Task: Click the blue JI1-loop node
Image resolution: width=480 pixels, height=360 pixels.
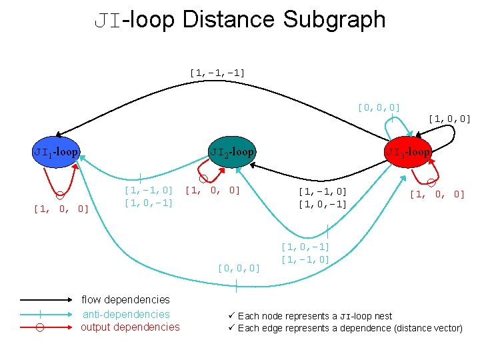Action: coord(57,152)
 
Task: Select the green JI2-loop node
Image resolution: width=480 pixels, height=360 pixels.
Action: coord(232,152)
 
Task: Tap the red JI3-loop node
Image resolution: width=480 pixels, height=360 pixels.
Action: coord(408,152)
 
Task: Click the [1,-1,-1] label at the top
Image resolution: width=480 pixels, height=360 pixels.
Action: coord(217,71)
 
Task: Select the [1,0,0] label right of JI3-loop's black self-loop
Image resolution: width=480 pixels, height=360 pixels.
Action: coord(450,119)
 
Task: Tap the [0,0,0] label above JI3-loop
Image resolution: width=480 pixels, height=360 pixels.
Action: coord(379,107)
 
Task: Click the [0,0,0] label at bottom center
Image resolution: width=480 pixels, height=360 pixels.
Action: coord(239,268)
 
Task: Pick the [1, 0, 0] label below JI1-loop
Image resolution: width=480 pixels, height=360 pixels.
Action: coord(61,209)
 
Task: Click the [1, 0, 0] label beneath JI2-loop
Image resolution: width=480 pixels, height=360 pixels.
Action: coord(212,190)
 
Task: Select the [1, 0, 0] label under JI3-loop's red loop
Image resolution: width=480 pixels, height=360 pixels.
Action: coord(437,195)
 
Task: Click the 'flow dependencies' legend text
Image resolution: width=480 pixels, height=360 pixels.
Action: coord(125,300)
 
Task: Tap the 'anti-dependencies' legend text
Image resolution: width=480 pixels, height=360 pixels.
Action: coord(126,314)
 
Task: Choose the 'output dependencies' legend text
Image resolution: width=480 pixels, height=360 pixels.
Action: coord(130,327)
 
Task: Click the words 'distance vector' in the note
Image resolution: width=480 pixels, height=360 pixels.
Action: coord(428,328)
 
